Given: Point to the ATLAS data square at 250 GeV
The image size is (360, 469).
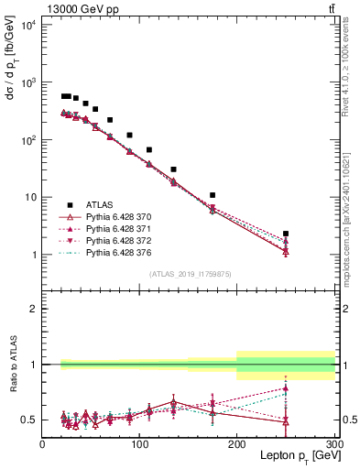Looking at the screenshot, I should point(286,234).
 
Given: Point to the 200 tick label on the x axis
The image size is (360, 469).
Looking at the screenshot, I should point(237,443).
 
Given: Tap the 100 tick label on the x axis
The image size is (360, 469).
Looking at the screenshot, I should point(139,443).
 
